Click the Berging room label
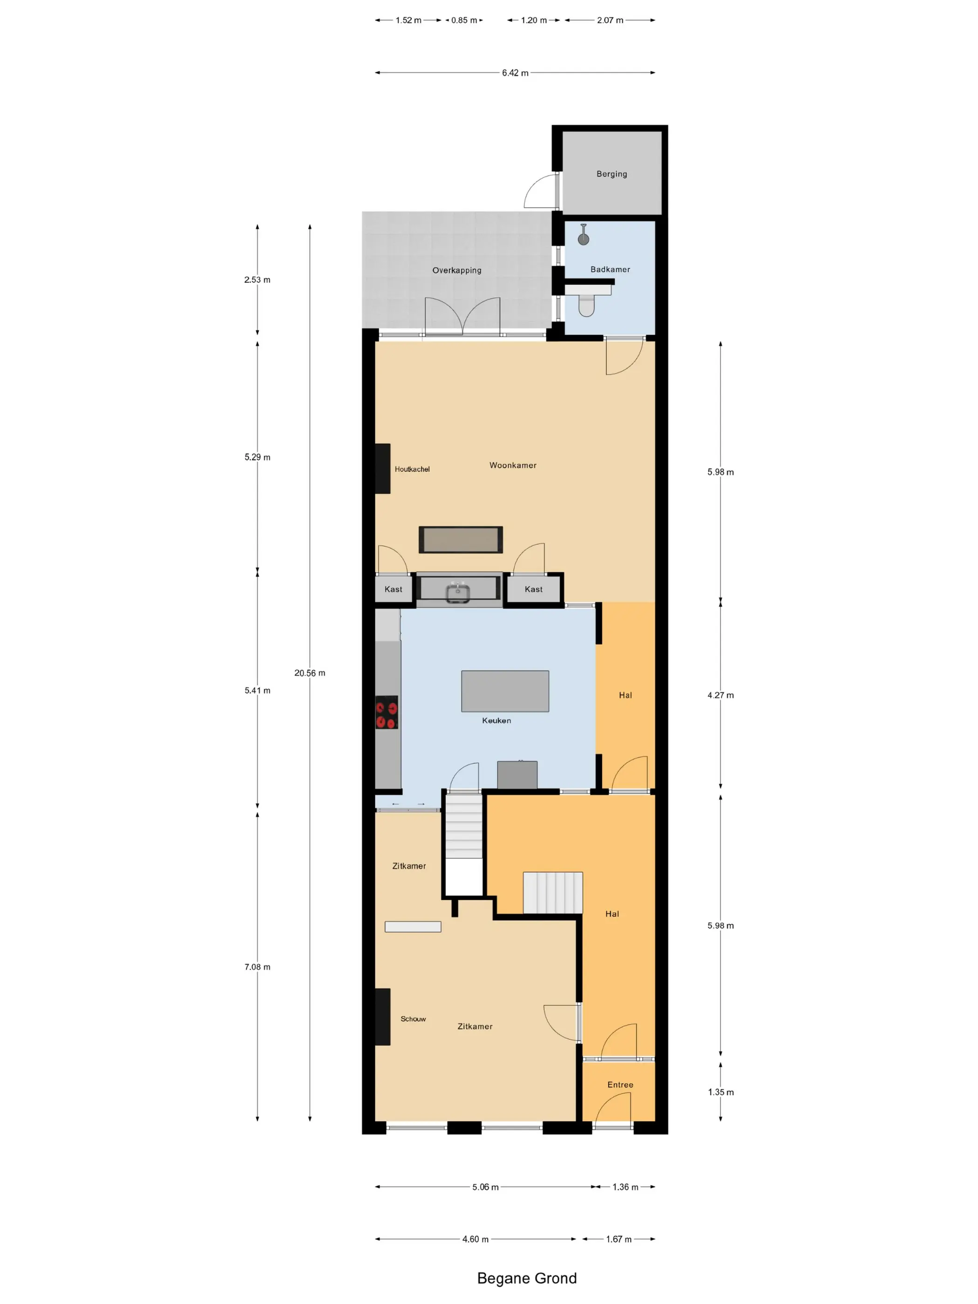pos(611,174)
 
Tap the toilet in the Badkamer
pos(586,305)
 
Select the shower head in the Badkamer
pos(583,238)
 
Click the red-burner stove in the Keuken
pos(387,712)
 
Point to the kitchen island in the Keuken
pos(505,691)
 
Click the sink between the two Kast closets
pos(458,590)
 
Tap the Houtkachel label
pos(412,469)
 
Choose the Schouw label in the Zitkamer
pos(413,1019)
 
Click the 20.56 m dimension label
pos(310,673)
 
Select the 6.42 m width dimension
pos(515,73)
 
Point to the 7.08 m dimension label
pos(258,967)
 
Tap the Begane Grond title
pos(526,1278)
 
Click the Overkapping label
pos(457,271)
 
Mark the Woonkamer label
pos(513,465)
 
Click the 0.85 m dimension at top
pos(464,20)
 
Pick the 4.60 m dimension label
pos(475,1239)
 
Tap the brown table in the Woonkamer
pos(461,540)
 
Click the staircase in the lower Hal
pos(552,892)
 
